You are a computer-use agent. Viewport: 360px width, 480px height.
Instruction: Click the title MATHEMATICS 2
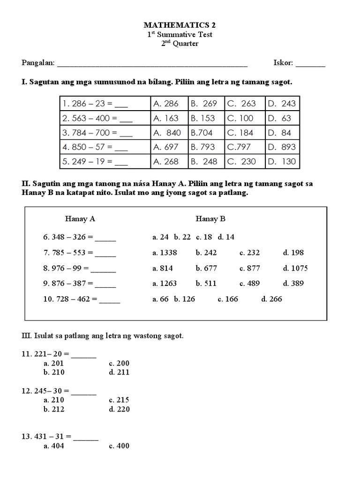click(x=180, y=25)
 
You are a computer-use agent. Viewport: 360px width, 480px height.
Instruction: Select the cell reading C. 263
click(x=244, y=104)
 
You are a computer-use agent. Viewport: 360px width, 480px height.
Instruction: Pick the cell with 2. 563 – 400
click(x=105, y=118)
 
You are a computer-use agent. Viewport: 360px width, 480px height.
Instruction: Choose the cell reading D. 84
click(x=282, y=133)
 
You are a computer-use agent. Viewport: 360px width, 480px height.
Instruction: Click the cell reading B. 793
click(x=207, y=147)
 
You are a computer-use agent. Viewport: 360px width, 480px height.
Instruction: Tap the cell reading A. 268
click(x=169, y=162)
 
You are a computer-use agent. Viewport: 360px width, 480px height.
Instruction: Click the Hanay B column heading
click(x=210, y=219)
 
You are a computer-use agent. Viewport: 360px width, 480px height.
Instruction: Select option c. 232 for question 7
click(x=249, y=253)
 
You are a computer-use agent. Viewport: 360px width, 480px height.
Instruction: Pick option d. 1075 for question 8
click(x=295, y=269)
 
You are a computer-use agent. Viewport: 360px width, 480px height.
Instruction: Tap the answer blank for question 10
click(x=110, y=300)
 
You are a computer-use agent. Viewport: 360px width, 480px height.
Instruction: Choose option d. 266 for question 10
click(x=272, y=299)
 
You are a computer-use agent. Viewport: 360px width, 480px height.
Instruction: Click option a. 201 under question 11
click(x=53, y=363)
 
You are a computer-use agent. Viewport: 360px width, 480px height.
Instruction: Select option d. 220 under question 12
click(x=119, y=409)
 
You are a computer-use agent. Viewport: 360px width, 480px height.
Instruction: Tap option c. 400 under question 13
click(x=119, y=446)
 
